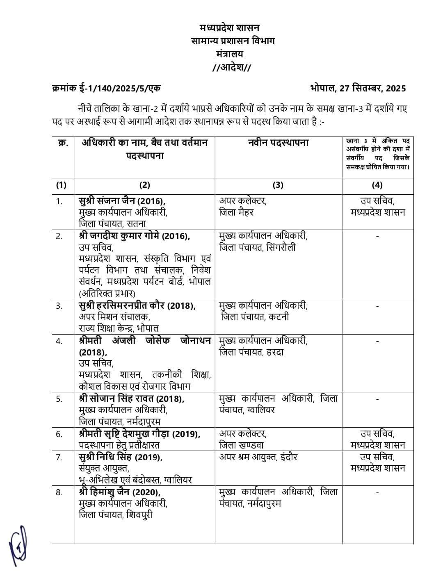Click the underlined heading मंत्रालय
coord(230,54)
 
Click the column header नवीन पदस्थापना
coord(278,143)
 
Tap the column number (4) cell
coord(377,185)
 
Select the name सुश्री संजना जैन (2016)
coord(122,201)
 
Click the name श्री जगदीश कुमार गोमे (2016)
coord(134,236)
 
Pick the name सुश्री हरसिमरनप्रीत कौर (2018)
coord(137,306)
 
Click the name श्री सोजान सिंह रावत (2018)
coord(131,399)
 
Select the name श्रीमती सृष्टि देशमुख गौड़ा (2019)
coord(139,434)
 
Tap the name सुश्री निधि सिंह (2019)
coord(120,457)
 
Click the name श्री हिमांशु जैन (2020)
coord(119,492)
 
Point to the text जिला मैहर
coord(237,212)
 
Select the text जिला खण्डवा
coord(241,445)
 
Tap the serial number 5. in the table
coord(59,399)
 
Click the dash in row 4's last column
coord(377,341)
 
